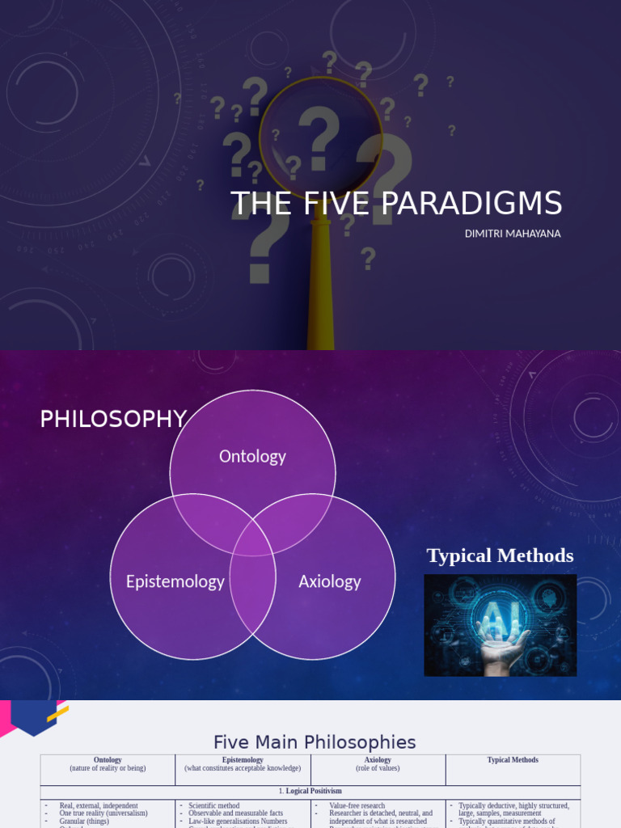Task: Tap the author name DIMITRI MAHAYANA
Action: [x=513, y=234]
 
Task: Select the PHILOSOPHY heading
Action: [x=113, y=419]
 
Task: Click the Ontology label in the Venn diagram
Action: [x=252, y=456]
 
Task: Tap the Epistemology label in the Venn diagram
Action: [x=175, y=581]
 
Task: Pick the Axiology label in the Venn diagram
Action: [x=329, y=581]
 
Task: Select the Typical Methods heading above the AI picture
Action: [x=500, y=556]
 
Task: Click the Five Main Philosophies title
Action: [x=315, y=742]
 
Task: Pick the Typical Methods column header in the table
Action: [x=513, y=760]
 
